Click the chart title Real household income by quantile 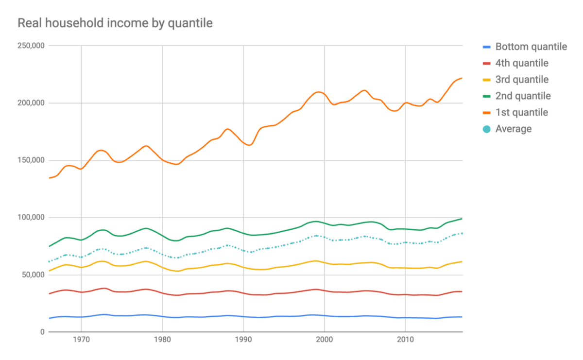[115, 23]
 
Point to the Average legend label [514, 129]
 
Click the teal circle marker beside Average [486, 129]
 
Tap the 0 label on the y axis [42, 332]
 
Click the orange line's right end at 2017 [462, 78]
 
